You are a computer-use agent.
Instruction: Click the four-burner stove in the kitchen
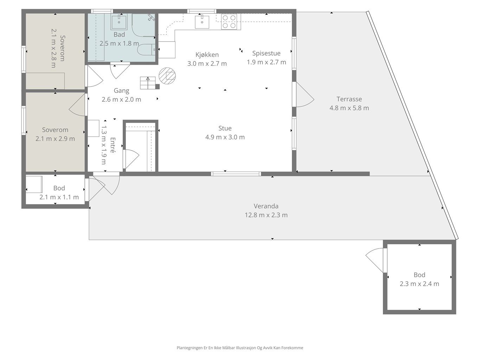click(229, 21)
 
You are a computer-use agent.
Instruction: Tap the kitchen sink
click(202, 21)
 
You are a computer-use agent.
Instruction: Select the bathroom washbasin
click(119, 22)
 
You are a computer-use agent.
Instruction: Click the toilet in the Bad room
click(146, 50)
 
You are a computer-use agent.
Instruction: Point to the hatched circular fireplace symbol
click(167, 76)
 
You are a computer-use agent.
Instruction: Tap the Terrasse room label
click(349, 99)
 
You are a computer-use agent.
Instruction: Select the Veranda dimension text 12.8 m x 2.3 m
click(266, 215)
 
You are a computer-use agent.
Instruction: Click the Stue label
click(225, 128)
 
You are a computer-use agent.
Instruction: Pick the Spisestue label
click(266, 53)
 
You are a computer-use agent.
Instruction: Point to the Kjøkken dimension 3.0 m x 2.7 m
click(207, 64)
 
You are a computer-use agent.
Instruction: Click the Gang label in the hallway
click(121, 90)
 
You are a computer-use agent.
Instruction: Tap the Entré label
click(113, 145)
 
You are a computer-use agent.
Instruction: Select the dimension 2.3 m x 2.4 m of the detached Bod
click(419, 284)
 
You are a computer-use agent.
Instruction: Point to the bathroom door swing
click(120, 70)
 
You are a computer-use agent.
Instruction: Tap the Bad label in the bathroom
click(119, 34)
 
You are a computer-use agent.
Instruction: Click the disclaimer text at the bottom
click(240, 348)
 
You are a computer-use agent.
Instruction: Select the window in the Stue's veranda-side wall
click(236, 174)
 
